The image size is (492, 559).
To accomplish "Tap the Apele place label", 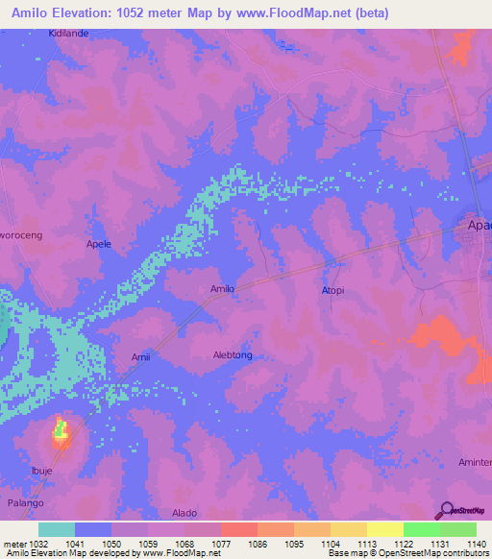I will (x=99, y=244).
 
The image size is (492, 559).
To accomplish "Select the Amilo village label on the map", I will (x=222, y=288).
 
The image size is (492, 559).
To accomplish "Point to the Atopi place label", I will (x=331, y=288).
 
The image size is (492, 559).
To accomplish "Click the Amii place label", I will (x=140, y=357).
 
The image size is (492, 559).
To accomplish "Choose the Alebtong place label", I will (x=233, y=354).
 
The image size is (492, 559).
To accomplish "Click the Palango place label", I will (x=27, y=502).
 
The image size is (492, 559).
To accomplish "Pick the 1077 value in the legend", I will (x=219, y=544).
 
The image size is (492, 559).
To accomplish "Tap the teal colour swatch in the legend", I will (x=57, y=529).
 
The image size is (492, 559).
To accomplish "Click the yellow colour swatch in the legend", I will (x=385, y=529).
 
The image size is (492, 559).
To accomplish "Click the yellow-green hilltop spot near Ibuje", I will (x=61, y=430).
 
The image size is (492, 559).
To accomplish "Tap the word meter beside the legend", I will (x=13, y=544).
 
